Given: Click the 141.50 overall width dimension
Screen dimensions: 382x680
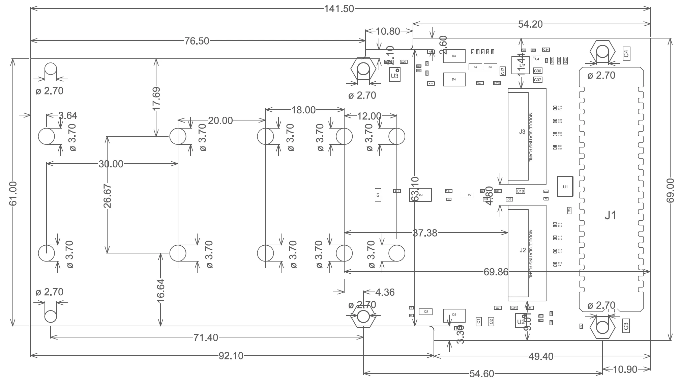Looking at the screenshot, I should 339,9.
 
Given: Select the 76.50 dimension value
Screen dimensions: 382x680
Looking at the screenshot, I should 197,41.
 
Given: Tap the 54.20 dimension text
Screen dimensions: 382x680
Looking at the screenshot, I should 530,24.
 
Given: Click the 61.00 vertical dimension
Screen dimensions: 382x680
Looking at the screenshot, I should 13,194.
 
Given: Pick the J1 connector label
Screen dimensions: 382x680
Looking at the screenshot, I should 610,215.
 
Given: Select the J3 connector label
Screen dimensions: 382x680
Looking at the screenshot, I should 522,132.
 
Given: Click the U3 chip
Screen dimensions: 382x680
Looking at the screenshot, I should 394,76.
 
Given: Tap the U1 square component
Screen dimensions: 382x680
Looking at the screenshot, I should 565,187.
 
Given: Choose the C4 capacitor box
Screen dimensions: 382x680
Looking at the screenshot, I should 626,54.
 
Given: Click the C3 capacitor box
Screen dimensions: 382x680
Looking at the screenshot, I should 626,326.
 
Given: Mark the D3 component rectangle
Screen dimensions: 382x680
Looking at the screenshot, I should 454,56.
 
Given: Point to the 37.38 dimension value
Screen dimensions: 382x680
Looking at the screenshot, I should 425,233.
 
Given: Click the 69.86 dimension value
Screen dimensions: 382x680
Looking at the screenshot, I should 496,272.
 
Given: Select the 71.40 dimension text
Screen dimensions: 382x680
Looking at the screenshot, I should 206,337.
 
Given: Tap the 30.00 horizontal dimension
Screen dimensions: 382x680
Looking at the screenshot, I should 111,164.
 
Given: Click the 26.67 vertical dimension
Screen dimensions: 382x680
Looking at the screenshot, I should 108,196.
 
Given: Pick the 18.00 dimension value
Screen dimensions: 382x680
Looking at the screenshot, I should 303,110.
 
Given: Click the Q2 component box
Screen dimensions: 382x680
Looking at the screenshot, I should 426,311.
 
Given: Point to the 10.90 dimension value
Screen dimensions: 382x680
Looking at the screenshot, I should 625,370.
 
